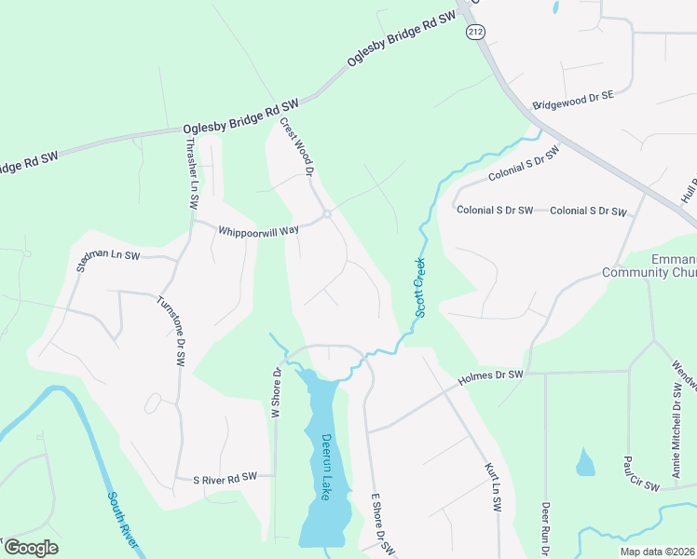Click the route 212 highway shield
(x=475, y=33)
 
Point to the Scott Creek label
(x=419, y=287)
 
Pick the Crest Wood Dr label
(x=298, y=145)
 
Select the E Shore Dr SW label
(x=378, y=525)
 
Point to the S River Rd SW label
(x=225, y=478)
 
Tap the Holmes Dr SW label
(x=492, y=377)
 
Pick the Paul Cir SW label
(x=641, y=473)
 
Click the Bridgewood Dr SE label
(x=573, y=101)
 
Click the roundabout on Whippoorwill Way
(x=327, y=214)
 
